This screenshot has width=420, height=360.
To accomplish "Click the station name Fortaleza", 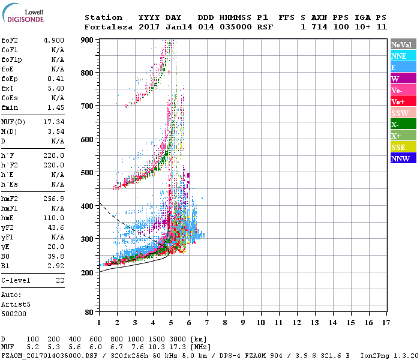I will click(x=109, y=27).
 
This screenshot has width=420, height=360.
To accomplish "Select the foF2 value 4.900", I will click(x=53, y=40).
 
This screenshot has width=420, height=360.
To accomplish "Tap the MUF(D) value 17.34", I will click(x=53, y=122).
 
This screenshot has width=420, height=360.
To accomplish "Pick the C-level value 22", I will click(x=59, y=280).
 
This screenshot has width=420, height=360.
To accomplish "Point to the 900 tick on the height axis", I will click(x=87, y=40).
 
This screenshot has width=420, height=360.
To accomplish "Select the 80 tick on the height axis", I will click(x=89, y=312).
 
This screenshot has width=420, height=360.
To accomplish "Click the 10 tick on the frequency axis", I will click(x=260, y=322).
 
